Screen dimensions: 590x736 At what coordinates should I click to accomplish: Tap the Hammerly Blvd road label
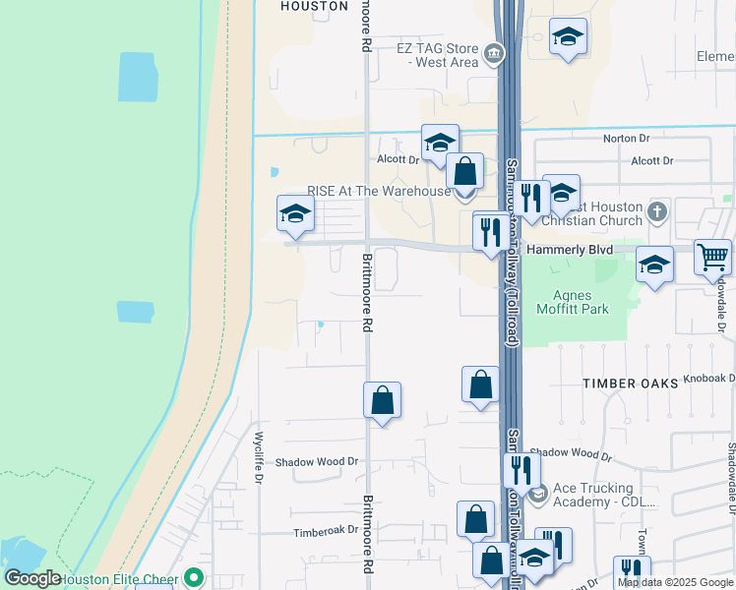[x=570, y=250]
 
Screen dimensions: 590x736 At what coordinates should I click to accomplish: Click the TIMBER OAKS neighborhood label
[x=630, y=383]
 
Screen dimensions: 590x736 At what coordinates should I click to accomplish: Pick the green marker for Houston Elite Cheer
[x=193, y=577]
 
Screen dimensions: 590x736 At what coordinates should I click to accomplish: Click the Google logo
[x=33, y=578]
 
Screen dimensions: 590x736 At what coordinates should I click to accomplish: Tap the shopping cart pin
[x=712, y=258]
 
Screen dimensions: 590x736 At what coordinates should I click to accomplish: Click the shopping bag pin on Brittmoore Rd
[x=382, y=401]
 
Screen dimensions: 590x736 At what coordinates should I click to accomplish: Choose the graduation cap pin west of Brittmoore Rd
[x=294, y=213]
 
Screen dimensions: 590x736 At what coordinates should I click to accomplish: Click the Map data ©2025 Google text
[x=674, y=582]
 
